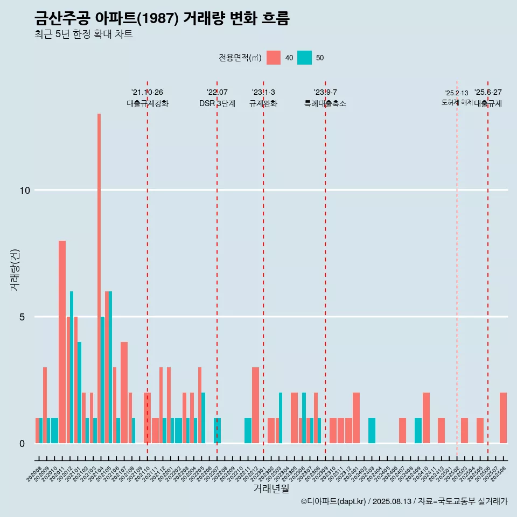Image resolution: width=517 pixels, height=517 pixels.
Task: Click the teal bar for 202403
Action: click(x=372, y=430)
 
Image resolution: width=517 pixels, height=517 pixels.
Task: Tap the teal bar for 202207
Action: click(x=217, y=430)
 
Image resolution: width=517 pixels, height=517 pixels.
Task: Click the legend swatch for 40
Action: click(x=274, y=58)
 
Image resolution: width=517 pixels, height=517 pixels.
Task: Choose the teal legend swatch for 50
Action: click(x=305, y=58)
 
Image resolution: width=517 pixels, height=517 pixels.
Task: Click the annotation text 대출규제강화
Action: click(x=148, y=103)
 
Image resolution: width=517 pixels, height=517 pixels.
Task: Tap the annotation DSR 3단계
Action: click(x=217, y=103)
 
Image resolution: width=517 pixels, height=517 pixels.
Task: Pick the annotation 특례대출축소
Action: click(x=325, y=103)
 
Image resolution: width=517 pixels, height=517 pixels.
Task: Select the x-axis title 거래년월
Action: click(x=271, y=489)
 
